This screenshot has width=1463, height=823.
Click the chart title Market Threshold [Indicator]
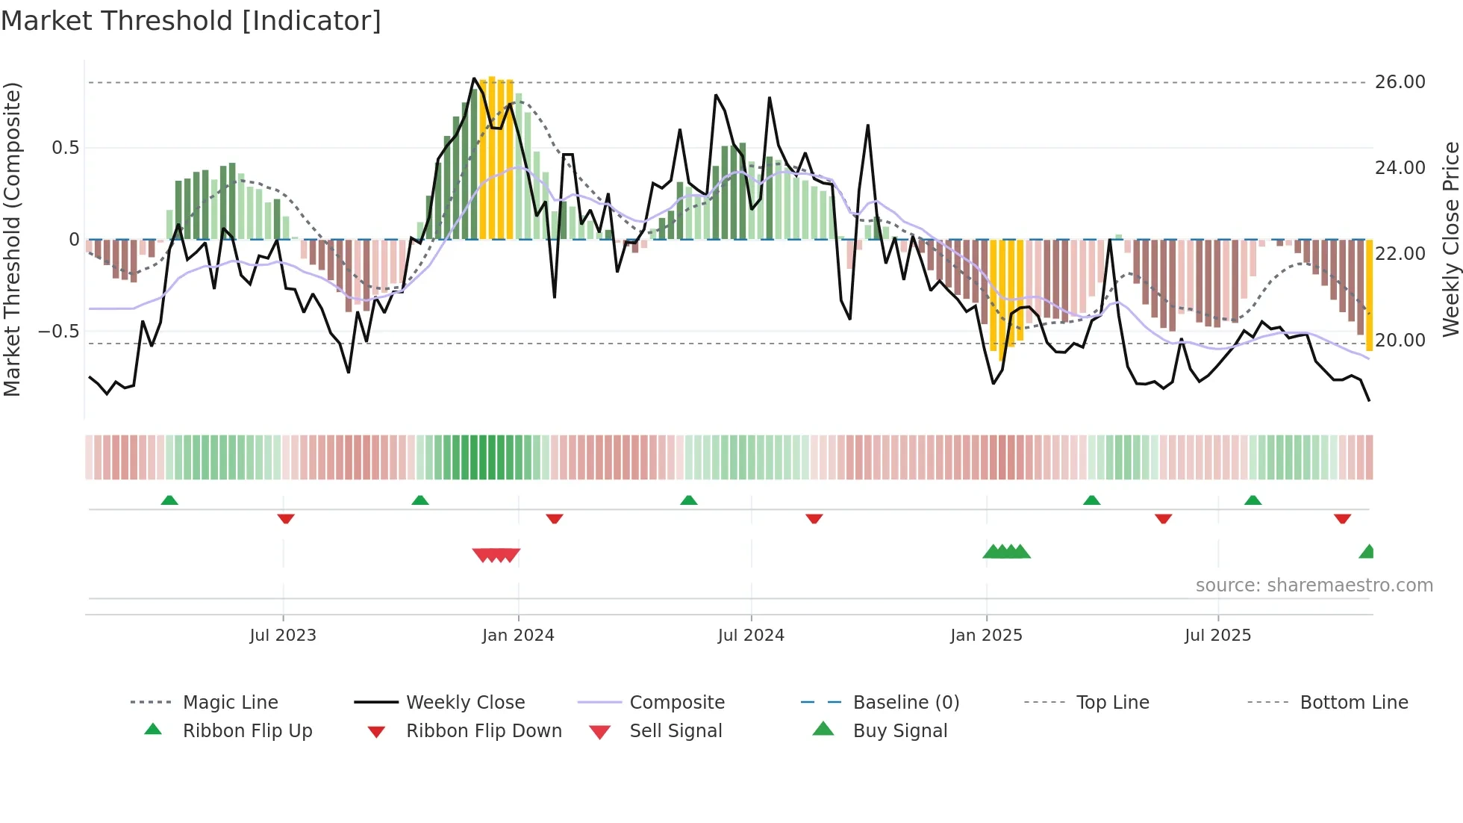[191, 21]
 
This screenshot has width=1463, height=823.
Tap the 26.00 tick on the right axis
[1400, 82]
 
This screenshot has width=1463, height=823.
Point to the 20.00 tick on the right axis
[1400, 341]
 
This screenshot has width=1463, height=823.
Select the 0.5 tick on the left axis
[66, 148]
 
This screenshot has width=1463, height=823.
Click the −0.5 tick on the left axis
[59, 332]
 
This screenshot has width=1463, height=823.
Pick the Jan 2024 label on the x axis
[518, 636]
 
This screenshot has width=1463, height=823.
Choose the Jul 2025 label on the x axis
[1217, 636]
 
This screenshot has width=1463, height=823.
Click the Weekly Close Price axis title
[1450, 239]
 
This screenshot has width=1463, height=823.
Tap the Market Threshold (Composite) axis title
[12, 239]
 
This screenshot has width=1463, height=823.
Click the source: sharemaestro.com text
[1314, 586]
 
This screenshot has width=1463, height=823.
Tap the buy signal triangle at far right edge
[1367, 553]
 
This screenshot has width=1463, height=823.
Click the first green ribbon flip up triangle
[169, 500]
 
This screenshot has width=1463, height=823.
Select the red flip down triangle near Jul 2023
[286, 518]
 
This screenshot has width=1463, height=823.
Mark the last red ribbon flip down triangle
[1342, 518]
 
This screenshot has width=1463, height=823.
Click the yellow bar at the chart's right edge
[1369, 295]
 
